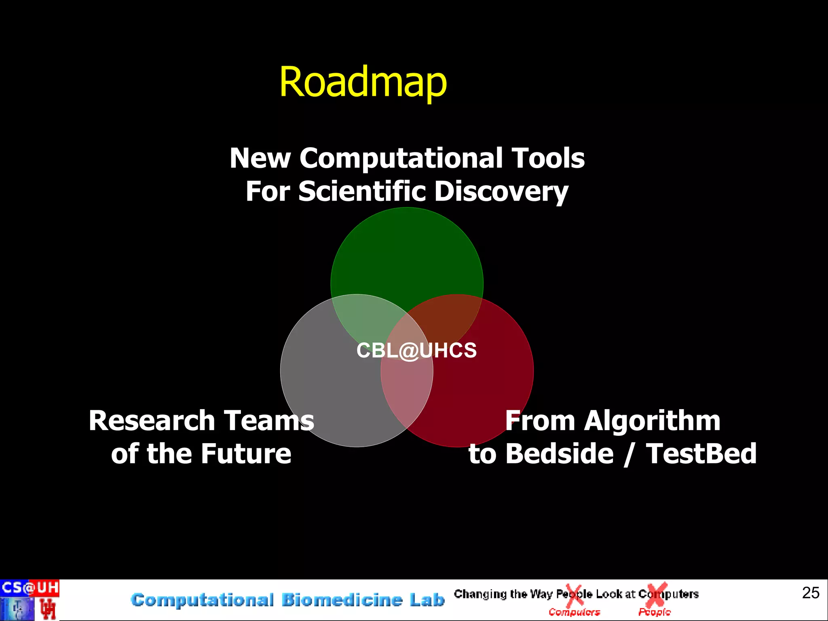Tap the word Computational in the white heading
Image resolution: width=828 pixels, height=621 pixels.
[x=401, y=158]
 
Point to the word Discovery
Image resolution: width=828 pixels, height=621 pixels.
[x=501, y=192]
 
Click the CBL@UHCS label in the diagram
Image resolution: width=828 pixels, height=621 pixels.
[x=416, y=350]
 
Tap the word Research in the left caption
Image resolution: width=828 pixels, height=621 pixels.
[x=152, y=420]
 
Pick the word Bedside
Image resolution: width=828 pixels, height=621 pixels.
[x=560, y=454]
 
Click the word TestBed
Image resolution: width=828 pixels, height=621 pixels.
[x=701, y=454]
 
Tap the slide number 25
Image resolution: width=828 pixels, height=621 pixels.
[x=811, y=593]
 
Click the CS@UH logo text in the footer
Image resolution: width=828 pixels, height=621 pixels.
[x=30, y=588]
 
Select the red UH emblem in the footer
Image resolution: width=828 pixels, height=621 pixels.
[x=48, y=609]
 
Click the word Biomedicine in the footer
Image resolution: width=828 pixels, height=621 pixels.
[x=342, y=600]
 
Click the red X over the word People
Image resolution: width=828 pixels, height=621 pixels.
[x=574, y=596]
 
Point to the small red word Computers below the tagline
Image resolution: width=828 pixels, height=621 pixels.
[x=574, y=613]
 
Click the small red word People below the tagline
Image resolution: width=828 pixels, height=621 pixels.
[x=654, y=613]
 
